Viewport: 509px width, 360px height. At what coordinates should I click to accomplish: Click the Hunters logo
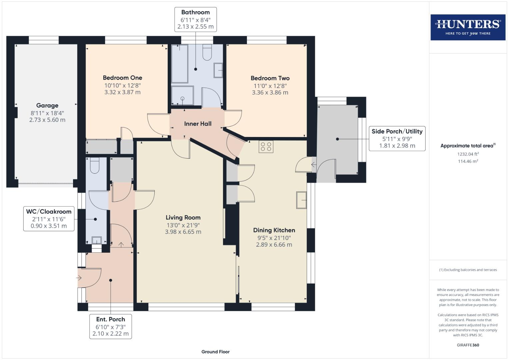pos(468,27)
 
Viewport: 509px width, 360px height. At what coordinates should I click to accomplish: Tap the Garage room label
pos(47,105)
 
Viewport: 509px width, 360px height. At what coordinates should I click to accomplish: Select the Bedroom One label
pos(122,78)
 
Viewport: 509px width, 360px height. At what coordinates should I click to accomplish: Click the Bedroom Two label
pos(270,78)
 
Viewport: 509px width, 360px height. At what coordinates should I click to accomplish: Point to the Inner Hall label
pos(198,124)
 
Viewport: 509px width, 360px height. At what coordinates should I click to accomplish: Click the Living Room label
pos(183,217)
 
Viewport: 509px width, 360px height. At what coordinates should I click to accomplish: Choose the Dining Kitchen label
pos(274,230)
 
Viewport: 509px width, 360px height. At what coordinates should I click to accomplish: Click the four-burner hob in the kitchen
pos(266,147)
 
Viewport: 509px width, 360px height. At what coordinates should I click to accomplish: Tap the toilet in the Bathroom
pos(207,52)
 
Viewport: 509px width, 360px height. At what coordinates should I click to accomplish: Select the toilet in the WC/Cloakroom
pos(95,165)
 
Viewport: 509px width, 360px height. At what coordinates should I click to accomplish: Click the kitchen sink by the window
pos(301,200)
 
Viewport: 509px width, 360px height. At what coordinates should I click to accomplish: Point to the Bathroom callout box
pos(195,19)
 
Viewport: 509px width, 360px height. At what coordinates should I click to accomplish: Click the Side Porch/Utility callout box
pos(397,138)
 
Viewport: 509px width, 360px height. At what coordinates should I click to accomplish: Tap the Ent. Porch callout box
pos(110,326)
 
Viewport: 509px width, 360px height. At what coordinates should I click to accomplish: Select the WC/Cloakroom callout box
pos(49,219)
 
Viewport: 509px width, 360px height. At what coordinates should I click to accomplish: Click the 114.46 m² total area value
pos(468,161)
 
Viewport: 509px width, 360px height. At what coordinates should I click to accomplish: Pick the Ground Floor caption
pos(215,352)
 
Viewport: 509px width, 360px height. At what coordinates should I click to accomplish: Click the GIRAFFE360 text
pos(468,345)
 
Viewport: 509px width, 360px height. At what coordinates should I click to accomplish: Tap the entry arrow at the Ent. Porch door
pos(79,278)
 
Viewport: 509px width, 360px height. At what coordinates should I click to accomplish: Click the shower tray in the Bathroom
pos(182,95)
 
